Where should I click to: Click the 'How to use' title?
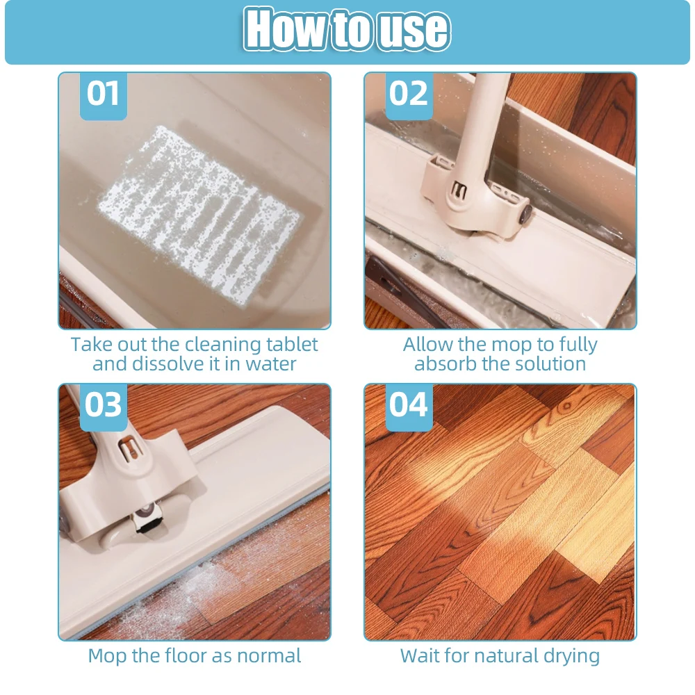coord(347,30)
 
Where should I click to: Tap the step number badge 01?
coord(104,96)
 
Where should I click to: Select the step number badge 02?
coord(409,96)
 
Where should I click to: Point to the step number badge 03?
coord(104,407)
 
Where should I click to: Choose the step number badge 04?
coord(409,407)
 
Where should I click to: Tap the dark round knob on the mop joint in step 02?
coord(526,213)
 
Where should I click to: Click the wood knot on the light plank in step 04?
coord(566,406)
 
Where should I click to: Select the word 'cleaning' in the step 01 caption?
coord(223,345)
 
